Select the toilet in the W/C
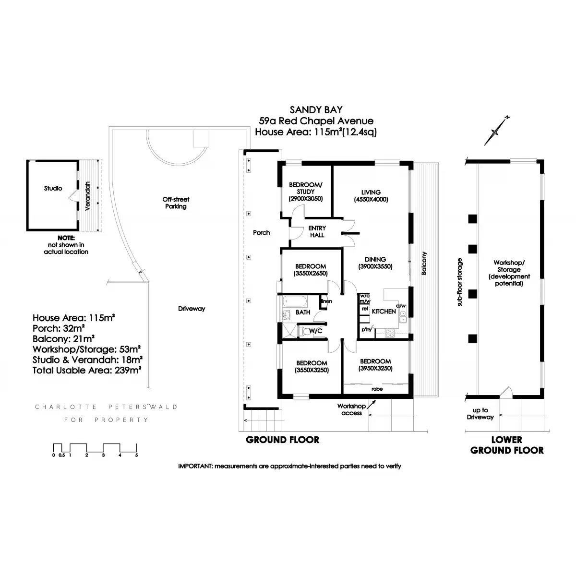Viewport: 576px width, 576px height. point(304,331)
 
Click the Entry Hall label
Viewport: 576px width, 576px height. point(317,231)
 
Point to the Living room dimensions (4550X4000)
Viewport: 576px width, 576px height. point(371,199)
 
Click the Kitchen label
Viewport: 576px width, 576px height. point(384,312)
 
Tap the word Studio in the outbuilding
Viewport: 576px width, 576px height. point(53,188)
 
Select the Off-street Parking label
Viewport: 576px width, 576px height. point(176,203)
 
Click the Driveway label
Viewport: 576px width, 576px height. point(191,309)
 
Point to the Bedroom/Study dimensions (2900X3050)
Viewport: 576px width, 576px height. point(305,199)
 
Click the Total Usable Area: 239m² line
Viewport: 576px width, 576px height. point(86,370)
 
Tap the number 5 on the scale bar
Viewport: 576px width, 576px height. point(136,455)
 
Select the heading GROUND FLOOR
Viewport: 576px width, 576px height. point(282,440)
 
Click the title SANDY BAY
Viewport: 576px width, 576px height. point(316,110)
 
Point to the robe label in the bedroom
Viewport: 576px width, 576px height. point(377,389)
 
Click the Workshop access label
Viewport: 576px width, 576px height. point(351,410)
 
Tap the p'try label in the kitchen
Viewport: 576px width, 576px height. point(367,329)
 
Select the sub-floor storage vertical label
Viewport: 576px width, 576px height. point(460,282)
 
